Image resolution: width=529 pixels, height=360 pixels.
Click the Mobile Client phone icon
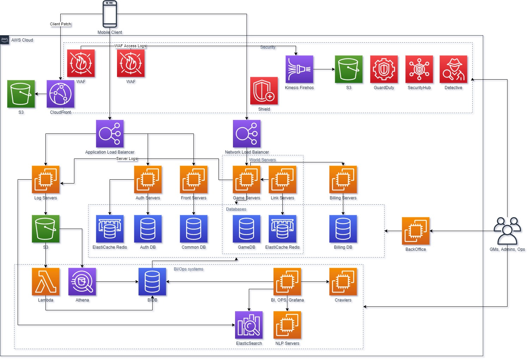point(110,14)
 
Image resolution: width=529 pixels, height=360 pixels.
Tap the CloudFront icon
point(60,94)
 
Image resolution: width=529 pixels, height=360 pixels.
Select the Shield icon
point(264,91)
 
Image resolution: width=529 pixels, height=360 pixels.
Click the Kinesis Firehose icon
point(299,69)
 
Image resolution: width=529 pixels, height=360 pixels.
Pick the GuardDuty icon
point(384,69)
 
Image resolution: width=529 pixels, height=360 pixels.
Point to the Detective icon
point(453,69)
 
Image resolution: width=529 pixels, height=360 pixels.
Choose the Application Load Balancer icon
point(110,134)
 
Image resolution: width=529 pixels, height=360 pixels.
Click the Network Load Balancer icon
point(247,134)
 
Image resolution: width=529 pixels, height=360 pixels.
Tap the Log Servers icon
point(45,180)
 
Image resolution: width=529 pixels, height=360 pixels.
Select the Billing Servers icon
point(343,180)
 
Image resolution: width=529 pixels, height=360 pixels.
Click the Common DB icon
point(193,229)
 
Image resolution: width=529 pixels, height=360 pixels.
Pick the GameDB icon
point(246,229)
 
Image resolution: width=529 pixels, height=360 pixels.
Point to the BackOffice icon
point(416,231)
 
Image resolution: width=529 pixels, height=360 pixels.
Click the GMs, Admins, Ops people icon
point(507,231)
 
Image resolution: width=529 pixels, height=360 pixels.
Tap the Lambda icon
point(45,282)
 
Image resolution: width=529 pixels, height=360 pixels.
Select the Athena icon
point(82,282)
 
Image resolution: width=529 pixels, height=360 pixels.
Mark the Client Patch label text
point(60,24)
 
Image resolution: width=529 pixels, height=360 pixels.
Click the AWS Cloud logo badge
point(5,39)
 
